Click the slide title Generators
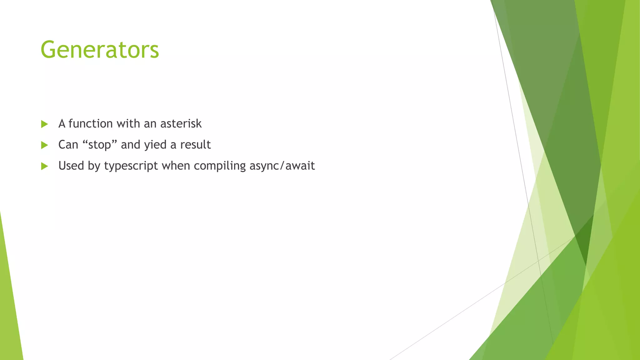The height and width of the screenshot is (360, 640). [x=100, y=50]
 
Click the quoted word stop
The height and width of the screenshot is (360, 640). [x=100, y=145]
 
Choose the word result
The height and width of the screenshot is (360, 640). [x=195, y=145]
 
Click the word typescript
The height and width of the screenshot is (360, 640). [x=131, y=166]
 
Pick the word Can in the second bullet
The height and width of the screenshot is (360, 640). [x=68, y=145]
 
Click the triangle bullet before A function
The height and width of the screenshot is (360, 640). [x=44, y=124]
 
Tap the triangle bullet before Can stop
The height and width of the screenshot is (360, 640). [x=44, y=145]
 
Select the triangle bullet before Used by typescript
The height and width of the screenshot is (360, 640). [x=44, y=166]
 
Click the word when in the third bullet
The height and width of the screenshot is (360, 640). [x=176, y=166]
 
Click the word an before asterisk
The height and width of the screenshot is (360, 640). [x=150, y=124]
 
